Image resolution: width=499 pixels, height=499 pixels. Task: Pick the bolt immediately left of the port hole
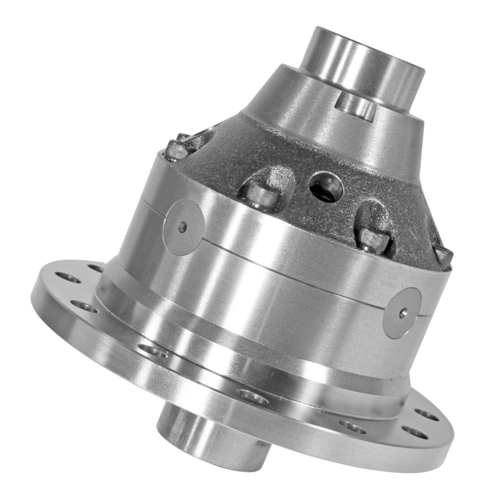(259, 193)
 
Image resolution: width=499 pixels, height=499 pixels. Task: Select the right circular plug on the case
(402, 312)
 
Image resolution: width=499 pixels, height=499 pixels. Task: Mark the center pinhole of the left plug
(182, 226)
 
